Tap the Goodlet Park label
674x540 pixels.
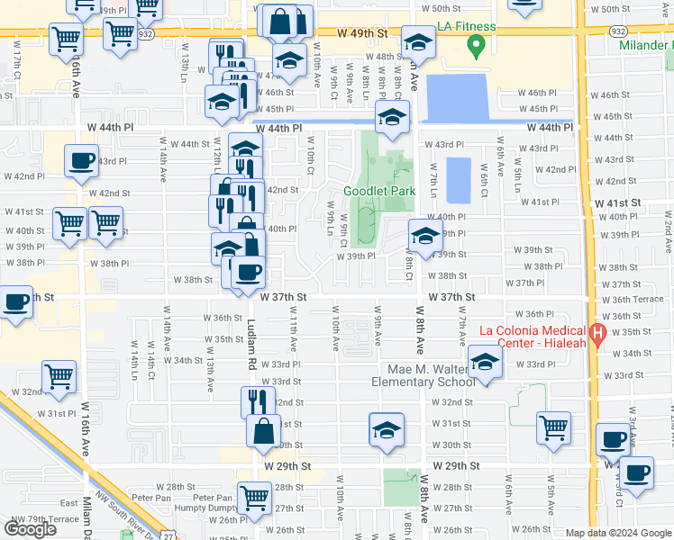(378, 191)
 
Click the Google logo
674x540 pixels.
(30, 529)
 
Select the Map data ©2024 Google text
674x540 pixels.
(618, 533)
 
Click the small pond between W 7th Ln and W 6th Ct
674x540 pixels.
(458, 180)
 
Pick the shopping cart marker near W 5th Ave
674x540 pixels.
(553, 429)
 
